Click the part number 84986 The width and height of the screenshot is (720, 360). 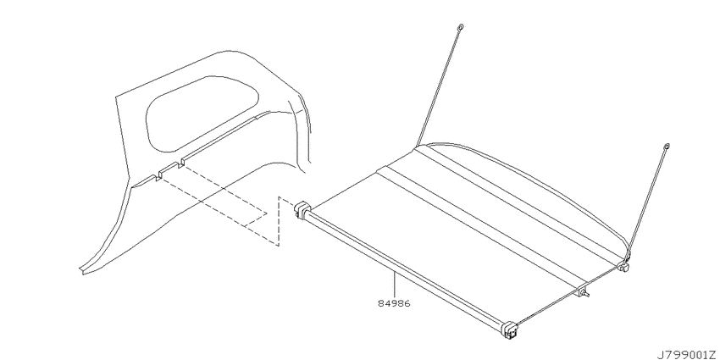point(394,303)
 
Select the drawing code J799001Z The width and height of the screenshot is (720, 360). point(687,354)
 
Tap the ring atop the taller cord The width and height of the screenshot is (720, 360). point(461,27)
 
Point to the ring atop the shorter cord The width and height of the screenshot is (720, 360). point(667,147)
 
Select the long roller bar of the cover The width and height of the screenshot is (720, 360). point(404,269)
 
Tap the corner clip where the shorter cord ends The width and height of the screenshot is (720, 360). point(623,265)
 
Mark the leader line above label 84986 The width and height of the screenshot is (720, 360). point(394,285)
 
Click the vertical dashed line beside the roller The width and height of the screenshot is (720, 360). point(279,221)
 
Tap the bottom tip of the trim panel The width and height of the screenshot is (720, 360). point(81,273)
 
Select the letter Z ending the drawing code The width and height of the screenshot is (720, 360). point(714,354)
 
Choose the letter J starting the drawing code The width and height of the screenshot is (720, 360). point(660,354)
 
